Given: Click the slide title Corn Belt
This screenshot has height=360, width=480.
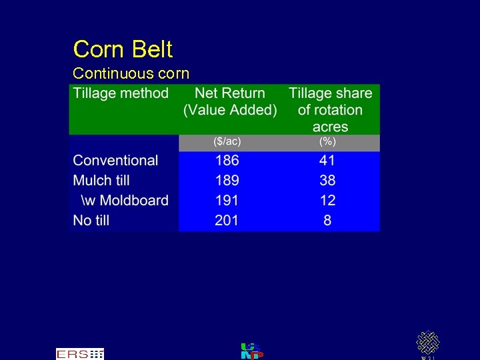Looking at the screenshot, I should [123, 49].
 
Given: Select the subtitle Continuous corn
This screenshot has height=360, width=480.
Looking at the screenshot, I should [131, 73].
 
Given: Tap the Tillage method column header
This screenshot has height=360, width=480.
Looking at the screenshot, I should [121, 93].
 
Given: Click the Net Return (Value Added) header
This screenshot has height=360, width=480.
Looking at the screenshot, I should [230, 102].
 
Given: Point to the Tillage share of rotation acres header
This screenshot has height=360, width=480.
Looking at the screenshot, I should [330, 110].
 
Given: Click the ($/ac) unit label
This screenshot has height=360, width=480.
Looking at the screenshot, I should [227, 142].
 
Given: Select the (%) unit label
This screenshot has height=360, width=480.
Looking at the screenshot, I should [327, 142].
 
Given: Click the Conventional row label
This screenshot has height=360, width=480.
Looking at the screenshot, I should [115, 161].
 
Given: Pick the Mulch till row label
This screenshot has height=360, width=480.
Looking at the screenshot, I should [101, 181].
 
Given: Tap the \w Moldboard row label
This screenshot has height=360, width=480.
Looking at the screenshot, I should [125, 201].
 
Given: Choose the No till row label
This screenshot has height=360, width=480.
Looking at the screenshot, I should [91, 221].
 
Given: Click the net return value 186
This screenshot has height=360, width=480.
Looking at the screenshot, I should [227, 161].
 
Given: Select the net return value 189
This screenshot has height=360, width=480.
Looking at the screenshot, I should [227, 181].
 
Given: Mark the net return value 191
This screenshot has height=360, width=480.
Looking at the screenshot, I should [227, 201].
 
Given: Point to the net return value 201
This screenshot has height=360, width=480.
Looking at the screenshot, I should [227, 221].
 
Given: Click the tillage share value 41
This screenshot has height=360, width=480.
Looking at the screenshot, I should [327, 161].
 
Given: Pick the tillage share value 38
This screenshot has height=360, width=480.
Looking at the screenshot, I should [327, 181].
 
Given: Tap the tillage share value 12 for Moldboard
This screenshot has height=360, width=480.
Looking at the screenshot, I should [327, 201].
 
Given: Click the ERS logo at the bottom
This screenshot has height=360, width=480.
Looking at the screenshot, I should [80, 354].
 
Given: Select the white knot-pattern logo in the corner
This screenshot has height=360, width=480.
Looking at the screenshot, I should [427, 343].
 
